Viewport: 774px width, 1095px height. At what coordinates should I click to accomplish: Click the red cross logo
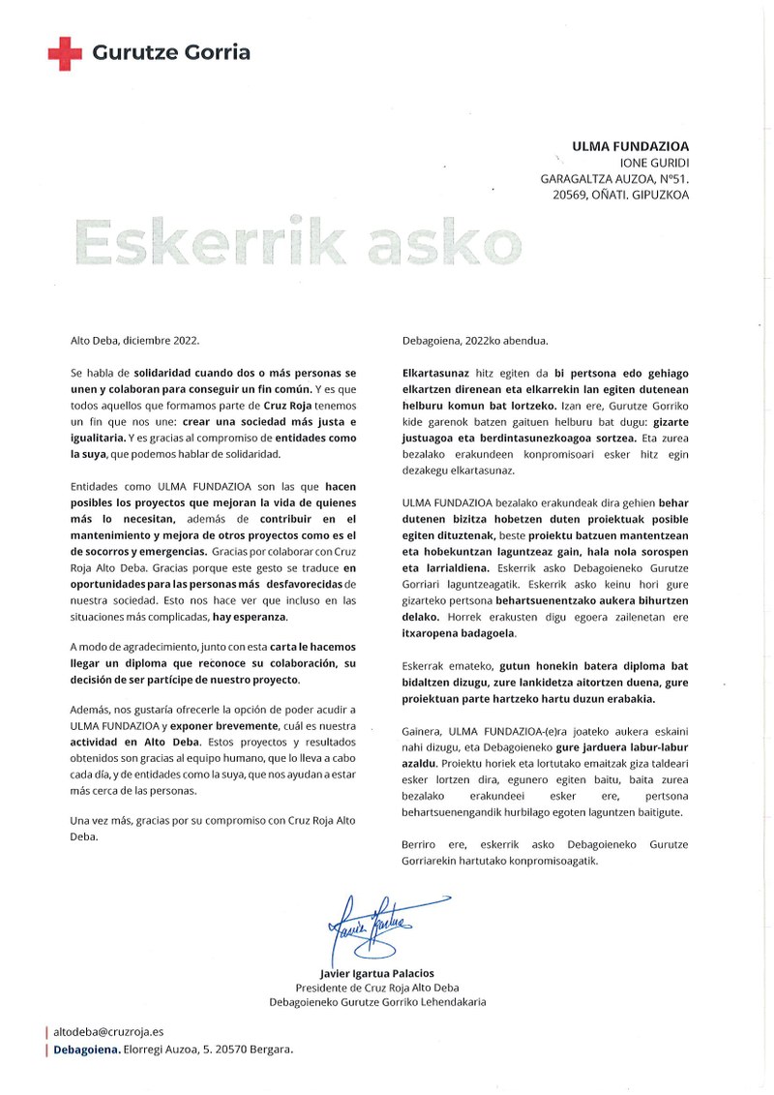coord(65,53)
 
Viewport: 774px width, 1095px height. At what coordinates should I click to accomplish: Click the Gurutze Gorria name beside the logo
coord(171,53)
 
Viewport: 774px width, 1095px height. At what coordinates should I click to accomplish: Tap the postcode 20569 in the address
coord(569,195)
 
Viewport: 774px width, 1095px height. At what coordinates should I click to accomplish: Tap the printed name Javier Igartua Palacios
coord(377,972)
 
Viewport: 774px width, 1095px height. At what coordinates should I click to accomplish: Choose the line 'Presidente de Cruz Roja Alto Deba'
coord(377,987)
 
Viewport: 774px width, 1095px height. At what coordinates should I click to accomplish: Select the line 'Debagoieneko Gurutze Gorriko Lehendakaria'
coord(377,1001)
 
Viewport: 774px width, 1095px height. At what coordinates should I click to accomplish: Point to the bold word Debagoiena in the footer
coord(87,1049)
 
